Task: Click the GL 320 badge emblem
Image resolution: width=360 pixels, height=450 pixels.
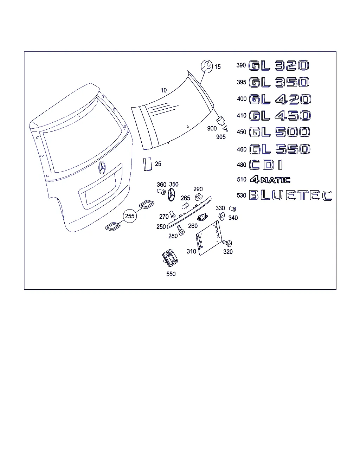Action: (x=279, y=66)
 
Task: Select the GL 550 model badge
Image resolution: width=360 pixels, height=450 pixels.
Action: (x=280, y=149)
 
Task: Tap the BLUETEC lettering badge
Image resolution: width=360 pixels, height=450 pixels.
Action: (x=290, y=195)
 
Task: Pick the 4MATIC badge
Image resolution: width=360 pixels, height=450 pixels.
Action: (x=270, y=180)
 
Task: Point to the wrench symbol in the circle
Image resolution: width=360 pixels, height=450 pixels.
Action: (x=207, y=66)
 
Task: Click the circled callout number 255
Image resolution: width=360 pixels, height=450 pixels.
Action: (x=130, y=216)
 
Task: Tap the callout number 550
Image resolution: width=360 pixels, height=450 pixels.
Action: (x=171, y=274)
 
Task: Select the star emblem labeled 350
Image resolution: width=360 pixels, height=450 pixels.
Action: (x=172, y=194)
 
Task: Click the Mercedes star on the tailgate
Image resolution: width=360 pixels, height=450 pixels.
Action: (x=102, y=168)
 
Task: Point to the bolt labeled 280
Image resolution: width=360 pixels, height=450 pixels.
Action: (x=181, y=230)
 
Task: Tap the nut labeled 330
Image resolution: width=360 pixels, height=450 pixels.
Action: (x=221, y=216)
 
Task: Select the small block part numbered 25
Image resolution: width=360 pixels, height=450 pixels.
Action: (x=147, y=164)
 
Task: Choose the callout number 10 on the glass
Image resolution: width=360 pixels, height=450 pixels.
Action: (x=163, y=90)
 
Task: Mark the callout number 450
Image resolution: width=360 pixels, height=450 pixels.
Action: (x=242, y=132)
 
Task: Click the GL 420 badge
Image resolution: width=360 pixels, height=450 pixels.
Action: (x=280, y=99)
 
